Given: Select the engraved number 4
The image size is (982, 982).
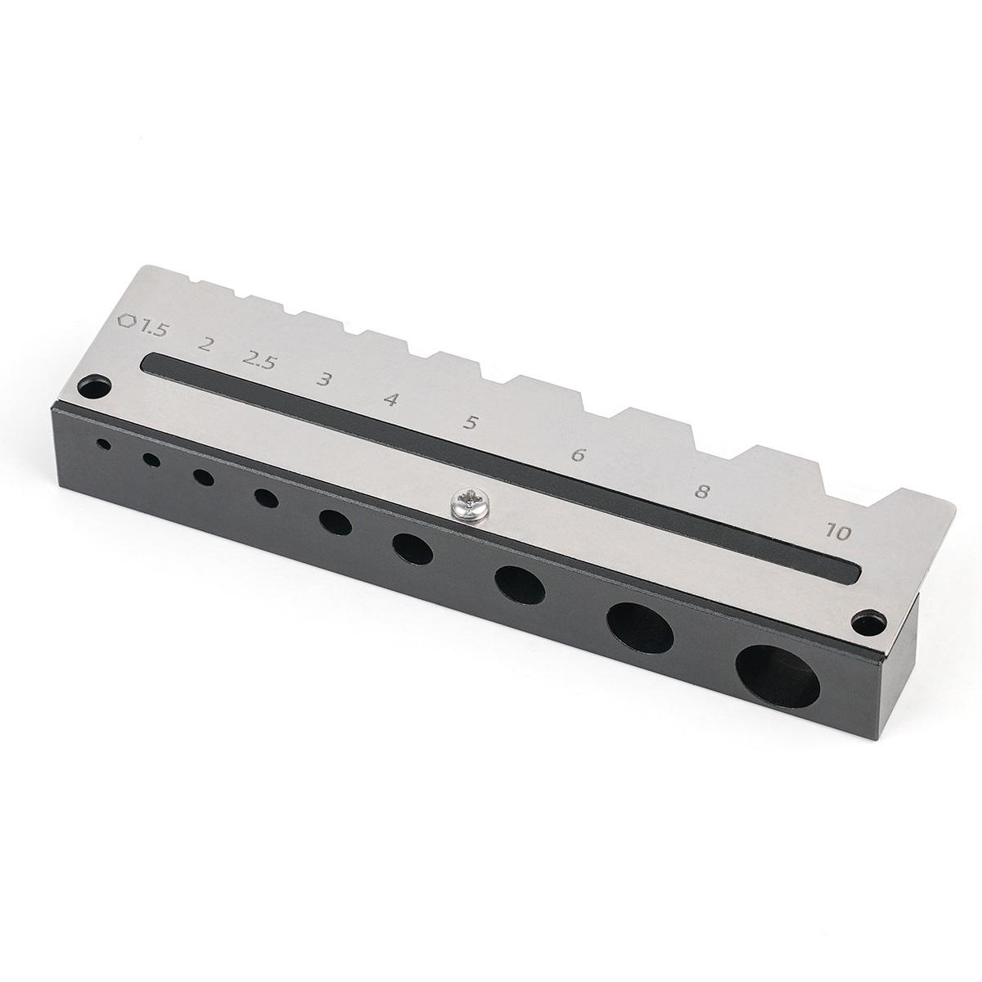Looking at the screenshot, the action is (x=390, y=399).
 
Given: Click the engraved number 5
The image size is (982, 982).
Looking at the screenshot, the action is (x=470, y=422).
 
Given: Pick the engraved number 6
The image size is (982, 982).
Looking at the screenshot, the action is (x=578, y=454).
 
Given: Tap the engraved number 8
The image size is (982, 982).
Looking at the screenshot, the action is (x=702, y=492).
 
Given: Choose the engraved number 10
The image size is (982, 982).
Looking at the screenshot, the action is (x=838, y=533).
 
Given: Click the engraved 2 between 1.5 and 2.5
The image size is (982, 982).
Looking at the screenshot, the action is (x=205, y=345).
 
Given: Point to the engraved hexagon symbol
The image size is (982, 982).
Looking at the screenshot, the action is (x=128, y=321).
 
